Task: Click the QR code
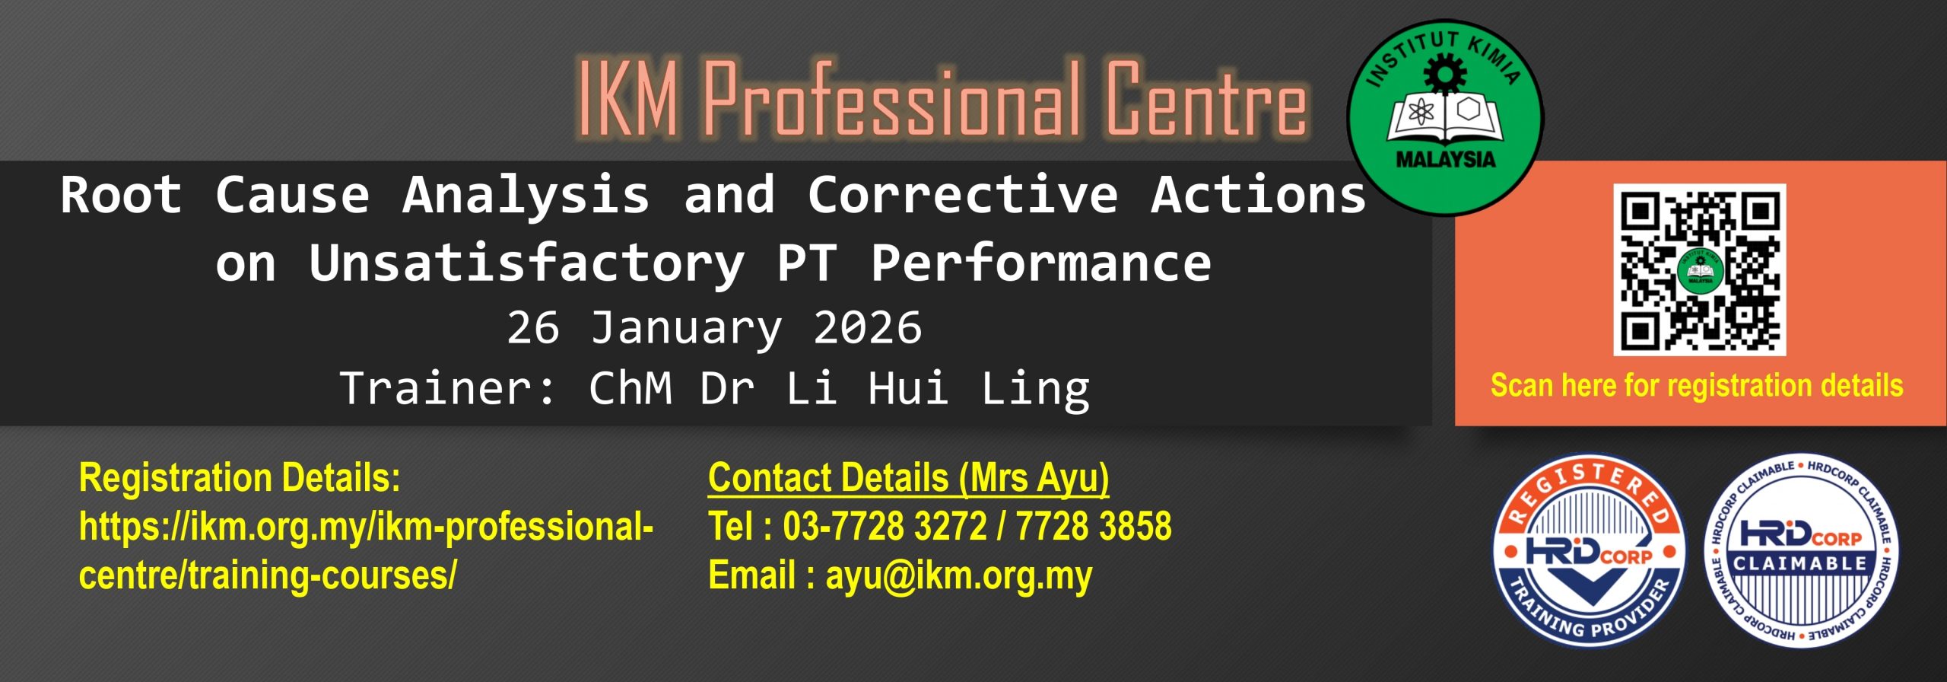[x=1699, y=269]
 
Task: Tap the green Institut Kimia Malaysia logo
[x=1445, y=118]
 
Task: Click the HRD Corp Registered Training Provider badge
[x=1589, y=553]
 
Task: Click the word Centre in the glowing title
[x=1205, y=99]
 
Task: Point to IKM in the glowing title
[x=628, y=99]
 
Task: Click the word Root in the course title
[x=121, y=195]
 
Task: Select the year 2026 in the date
[x=868, y=328]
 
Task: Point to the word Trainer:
[x=449, y=388]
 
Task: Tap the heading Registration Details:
[x=240, y=479]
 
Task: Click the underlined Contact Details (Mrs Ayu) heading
[x=909, y=479]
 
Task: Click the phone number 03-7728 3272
[x=885, y=527]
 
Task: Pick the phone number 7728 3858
[x=1094, y=527]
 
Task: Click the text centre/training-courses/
[x=268, y=575]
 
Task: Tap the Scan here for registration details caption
[x=1697, y=386]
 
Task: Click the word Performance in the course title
[x=1040, y=263]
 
